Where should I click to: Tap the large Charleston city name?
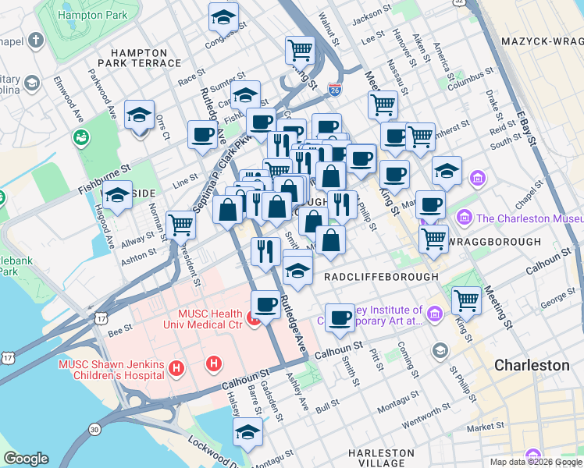[532, 365]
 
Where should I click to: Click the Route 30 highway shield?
[94, 429]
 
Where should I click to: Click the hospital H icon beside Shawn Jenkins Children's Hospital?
[177, 367]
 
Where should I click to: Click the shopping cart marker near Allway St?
[180, 225]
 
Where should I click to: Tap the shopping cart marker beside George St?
[466, 300]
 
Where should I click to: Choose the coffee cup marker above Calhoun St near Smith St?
[340, 317]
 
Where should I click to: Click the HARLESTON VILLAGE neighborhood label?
[381, 458]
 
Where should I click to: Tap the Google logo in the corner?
[26, 459]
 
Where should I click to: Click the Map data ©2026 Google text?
[535, 462]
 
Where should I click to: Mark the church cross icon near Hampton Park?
[35, 40]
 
